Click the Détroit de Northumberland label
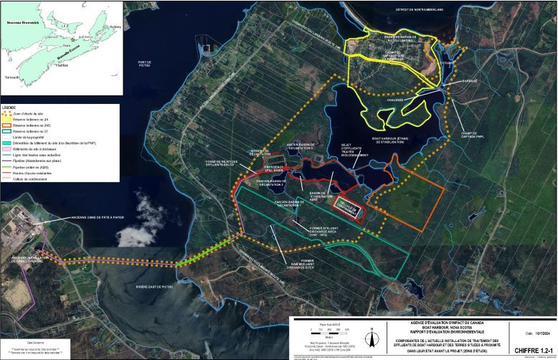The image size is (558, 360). point(419,9)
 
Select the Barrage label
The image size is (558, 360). point(470,81)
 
